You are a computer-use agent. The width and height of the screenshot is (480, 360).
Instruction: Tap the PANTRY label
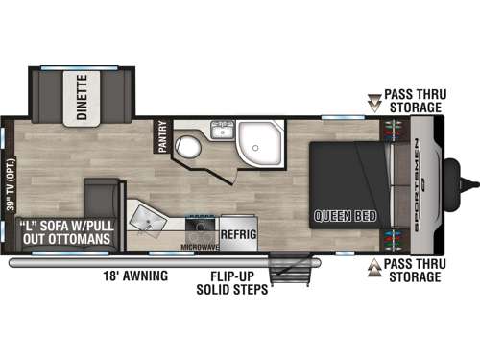tap(162, 135)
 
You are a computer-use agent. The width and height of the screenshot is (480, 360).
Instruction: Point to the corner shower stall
tap(258, 141)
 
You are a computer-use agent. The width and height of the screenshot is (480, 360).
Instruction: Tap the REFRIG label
tap(237, 232)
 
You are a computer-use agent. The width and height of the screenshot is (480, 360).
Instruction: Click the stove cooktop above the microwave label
tap(201, 227)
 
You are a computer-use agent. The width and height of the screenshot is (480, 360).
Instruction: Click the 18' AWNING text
tap(134, 276)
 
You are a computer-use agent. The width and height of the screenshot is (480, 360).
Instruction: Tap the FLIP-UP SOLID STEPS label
tap(231, 282)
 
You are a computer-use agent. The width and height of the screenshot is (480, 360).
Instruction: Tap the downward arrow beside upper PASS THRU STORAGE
tap(372, 97)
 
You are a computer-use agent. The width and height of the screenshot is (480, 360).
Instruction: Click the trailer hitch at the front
tap(469, 180)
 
